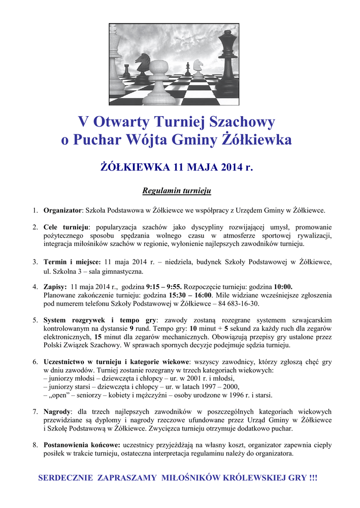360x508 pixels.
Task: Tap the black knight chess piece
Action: tap(143, 68)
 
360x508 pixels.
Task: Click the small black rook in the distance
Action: tap(127, 71)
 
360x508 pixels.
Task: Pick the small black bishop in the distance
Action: tap(187, 68)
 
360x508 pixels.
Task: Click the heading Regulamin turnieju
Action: tap(177, 190)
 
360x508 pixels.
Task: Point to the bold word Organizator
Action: tap(62, 210)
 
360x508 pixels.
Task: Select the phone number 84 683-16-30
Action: tap(238, 303)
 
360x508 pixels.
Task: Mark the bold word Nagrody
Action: tap(57, 412)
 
